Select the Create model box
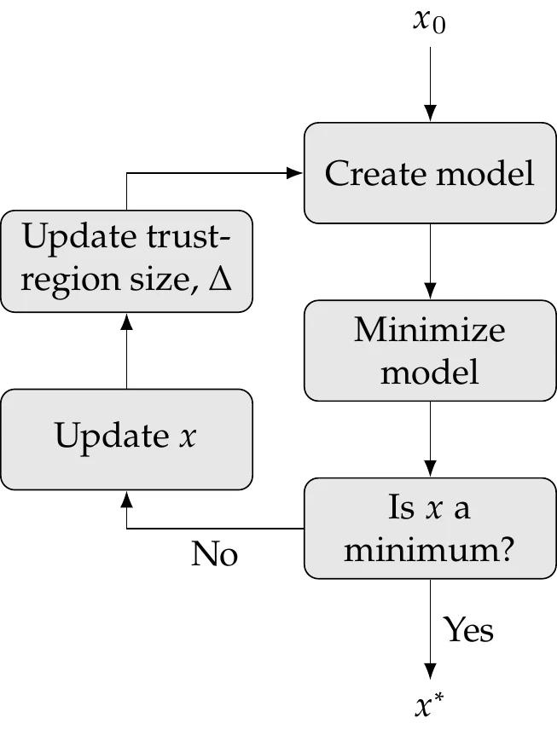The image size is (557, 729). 430,173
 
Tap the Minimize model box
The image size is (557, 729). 430,350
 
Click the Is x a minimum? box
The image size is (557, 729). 430,529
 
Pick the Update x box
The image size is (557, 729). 126,437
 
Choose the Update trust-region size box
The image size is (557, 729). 126,260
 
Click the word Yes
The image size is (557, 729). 468,630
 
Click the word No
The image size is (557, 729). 214,555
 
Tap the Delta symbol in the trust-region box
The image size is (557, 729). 220,279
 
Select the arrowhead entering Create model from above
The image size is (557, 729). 430,113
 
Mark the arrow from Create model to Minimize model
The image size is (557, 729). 430,260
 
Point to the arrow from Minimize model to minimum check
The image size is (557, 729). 430,439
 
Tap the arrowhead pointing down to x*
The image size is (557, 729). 430,671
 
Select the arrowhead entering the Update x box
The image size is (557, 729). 126,496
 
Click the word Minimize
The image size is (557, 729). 430,330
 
